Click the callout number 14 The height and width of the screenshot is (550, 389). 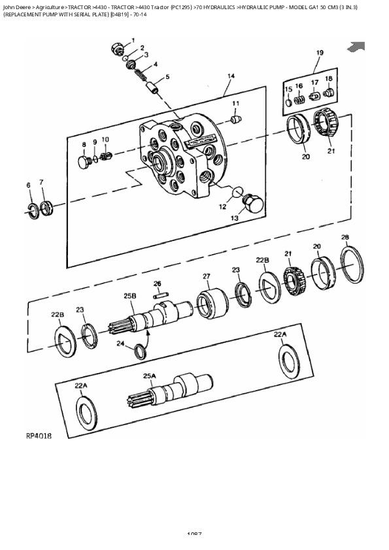(230, 76)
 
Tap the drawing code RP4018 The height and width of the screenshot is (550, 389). (39, 435)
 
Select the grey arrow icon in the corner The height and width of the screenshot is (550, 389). (356, 46)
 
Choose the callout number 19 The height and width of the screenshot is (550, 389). (320, 53)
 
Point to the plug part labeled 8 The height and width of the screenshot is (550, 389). (84, 161)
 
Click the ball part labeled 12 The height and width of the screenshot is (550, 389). (238, 192)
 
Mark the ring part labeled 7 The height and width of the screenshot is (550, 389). (45, 208)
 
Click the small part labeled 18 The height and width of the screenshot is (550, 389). (328, 94)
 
